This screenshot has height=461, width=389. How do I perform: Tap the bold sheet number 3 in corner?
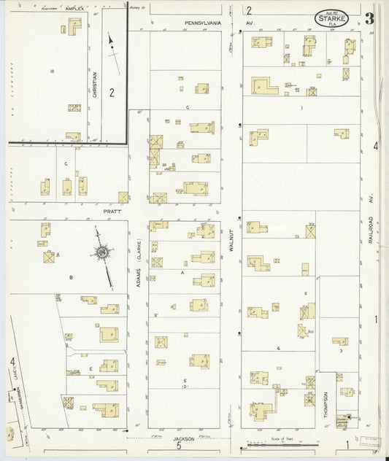(369, 18)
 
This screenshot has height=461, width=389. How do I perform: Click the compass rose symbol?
(102, 254)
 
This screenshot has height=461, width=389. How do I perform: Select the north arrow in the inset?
(113, 45)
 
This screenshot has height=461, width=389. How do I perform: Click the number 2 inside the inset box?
(112, 92)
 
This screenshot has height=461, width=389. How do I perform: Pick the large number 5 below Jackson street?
(178, 447)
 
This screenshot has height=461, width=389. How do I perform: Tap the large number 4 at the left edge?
(12, 361)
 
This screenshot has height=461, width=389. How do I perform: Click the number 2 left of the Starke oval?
(248, 10)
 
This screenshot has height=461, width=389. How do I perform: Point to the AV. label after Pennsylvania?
(249, 23)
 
